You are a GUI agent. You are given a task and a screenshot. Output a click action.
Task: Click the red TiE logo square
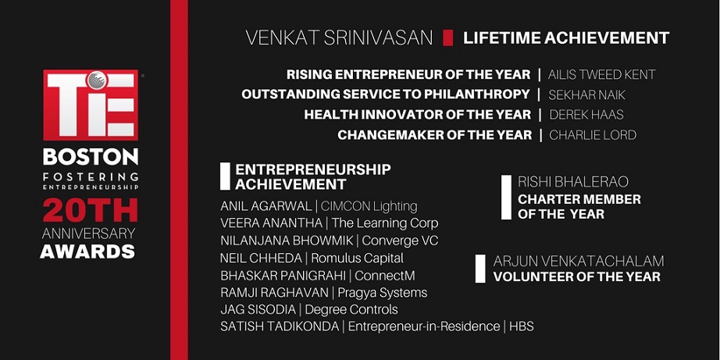pos(91,105)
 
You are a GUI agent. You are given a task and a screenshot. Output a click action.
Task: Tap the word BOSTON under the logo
pos(91,157)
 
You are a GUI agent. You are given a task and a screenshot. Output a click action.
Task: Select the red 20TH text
pos(91,210)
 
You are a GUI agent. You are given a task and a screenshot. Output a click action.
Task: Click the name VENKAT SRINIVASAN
pos(339,37)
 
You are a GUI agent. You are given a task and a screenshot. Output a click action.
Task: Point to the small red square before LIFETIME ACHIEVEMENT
pos(447,37)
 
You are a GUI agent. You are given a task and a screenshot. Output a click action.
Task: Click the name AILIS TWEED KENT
pos(601,74)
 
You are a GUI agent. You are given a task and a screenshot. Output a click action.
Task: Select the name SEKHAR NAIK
pos(586,94)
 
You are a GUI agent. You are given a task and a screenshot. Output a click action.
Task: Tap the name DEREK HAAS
pos(586,114)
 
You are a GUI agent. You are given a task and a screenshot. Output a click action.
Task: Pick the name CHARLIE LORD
pos(593,135)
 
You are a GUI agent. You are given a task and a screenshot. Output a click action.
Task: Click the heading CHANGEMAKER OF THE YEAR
pos(435,135)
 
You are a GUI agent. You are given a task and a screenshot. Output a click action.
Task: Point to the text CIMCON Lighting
pos(369,206)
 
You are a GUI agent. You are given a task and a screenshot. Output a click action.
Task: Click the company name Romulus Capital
pos(357,258)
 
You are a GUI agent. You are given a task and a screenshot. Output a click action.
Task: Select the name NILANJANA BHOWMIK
pos(287,241)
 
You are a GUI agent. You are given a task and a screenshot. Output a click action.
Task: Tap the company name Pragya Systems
pos(383,293)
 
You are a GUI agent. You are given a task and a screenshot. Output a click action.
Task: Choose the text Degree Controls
pos(351,310)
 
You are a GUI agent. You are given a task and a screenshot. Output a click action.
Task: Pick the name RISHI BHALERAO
pos(573,182)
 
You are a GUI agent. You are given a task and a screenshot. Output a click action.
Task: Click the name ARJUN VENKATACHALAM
pos(579,261)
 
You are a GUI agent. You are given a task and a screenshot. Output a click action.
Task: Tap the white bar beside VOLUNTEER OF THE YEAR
pos(480,269)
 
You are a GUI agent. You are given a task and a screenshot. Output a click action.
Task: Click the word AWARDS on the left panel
pos(87,251)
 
